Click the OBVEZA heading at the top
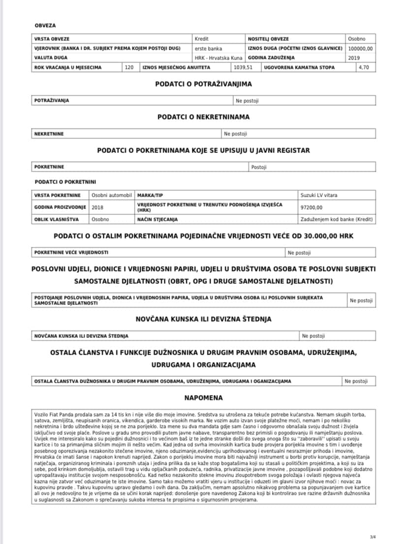tap(45, 25)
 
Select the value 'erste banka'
tap(209, 48)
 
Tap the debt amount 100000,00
tap(361, 48)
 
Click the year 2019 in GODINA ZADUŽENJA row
tap(354, 58)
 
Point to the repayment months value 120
tap(129, 67)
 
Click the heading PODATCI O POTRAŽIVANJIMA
tap(203, 84)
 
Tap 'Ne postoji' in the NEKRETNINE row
tap(236, 133)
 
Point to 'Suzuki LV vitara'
tap(319, 195)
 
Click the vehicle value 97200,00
tap(311, 207)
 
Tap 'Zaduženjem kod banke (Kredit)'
tap(337, 219)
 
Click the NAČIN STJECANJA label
tap(158, 219)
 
